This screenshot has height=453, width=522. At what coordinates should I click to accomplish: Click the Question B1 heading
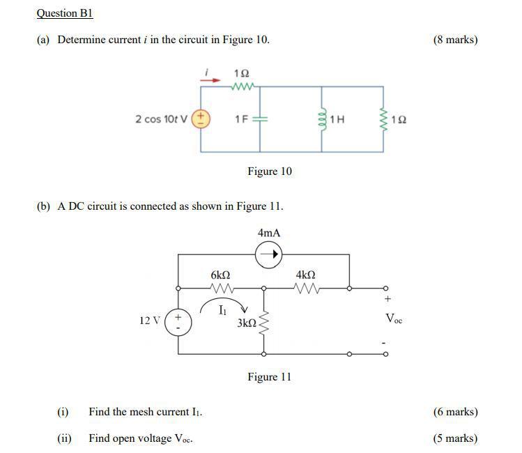[x=64, y=13]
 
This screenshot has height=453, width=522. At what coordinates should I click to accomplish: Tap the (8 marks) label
[x=455, y=40]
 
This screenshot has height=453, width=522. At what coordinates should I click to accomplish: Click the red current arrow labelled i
[x=210, y=79]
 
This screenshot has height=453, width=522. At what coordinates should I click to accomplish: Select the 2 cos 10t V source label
[x=161, y=119]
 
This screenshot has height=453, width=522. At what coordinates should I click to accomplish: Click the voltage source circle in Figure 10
[x=201, y=118]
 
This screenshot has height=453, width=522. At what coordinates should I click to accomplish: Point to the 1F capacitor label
[x=243, y=119]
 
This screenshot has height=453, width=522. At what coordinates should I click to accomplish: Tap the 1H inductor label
[x=337, y=119]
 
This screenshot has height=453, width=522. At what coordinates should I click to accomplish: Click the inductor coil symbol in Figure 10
[x=322, y=119]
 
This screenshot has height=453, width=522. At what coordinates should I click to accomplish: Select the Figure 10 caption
[x=270, y=171]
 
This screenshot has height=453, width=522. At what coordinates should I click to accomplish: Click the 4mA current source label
[x=268, y=233]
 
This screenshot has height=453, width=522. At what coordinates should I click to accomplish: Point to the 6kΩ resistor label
[x=220, y=276]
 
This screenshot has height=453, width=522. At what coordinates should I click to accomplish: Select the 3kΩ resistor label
[x=246, y=323]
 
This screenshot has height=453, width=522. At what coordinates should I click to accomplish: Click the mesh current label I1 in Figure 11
[x=222, y=309]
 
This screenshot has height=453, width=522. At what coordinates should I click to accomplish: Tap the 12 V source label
[x=150, y=321]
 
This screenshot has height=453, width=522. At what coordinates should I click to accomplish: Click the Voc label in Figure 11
[x=393, y=319]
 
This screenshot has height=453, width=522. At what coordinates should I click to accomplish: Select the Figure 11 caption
[x=269, y=377]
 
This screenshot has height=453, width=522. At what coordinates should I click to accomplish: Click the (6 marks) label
[x=455, y=412]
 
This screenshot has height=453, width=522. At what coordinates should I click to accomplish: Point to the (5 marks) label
[x=455, y=438]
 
